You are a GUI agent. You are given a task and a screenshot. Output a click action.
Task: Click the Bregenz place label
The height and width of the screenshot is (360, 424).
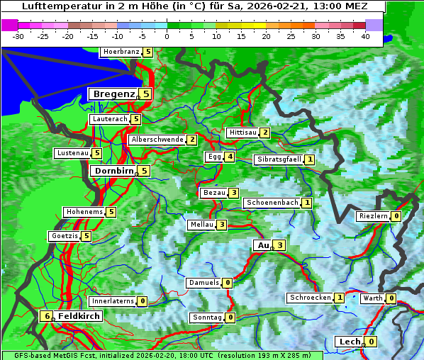113,94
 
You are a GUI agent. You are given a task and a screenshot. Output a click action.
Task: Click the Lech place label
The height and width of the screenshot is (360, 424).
350,342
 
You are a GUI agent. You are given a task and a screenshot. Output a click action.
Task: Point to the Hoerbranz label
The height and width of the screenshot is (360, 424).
121,52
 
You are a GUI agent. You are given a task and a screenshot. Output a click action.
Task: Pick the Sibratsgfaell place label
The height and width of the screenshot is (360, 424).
279,159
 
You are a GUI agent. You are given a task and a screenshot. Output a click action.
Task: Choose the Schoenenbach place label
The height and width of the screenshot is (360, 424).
272,203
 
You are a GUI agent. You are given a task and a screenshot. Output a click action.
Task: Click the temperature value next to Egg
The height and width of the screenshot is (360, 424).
230,157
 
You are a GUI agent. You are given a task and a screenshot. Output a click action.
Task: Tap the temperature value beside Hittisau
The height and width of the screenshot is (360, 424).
265,133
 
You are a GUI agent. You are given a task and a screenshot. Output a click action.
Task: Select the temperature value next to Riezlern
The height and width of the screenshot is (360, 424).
396,216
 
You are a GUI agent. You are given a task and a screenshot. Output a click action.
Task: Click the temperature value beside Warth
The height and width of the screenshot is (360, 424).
391,298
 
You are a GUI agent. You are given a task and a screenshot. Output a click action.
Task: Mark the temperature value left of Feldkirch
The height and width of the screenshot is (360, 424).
47,316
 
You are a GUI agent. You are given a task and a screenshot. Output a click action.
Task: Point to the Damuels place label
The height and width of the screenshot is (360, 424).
203,283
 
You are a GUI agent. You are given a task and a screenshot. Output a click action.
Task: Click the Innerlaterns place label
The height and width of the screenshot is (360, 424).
113,301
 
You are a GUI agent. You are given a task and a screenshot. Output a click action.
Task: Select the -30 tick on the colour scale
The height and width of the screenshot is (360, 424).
18,35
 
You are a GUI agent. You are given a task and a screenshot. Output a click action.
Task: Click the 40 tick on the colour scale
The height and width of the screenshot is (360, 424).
365,35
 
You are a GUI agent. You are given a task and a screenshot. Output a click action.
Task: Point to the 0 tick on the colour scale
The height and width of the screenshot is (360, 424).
167,35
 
